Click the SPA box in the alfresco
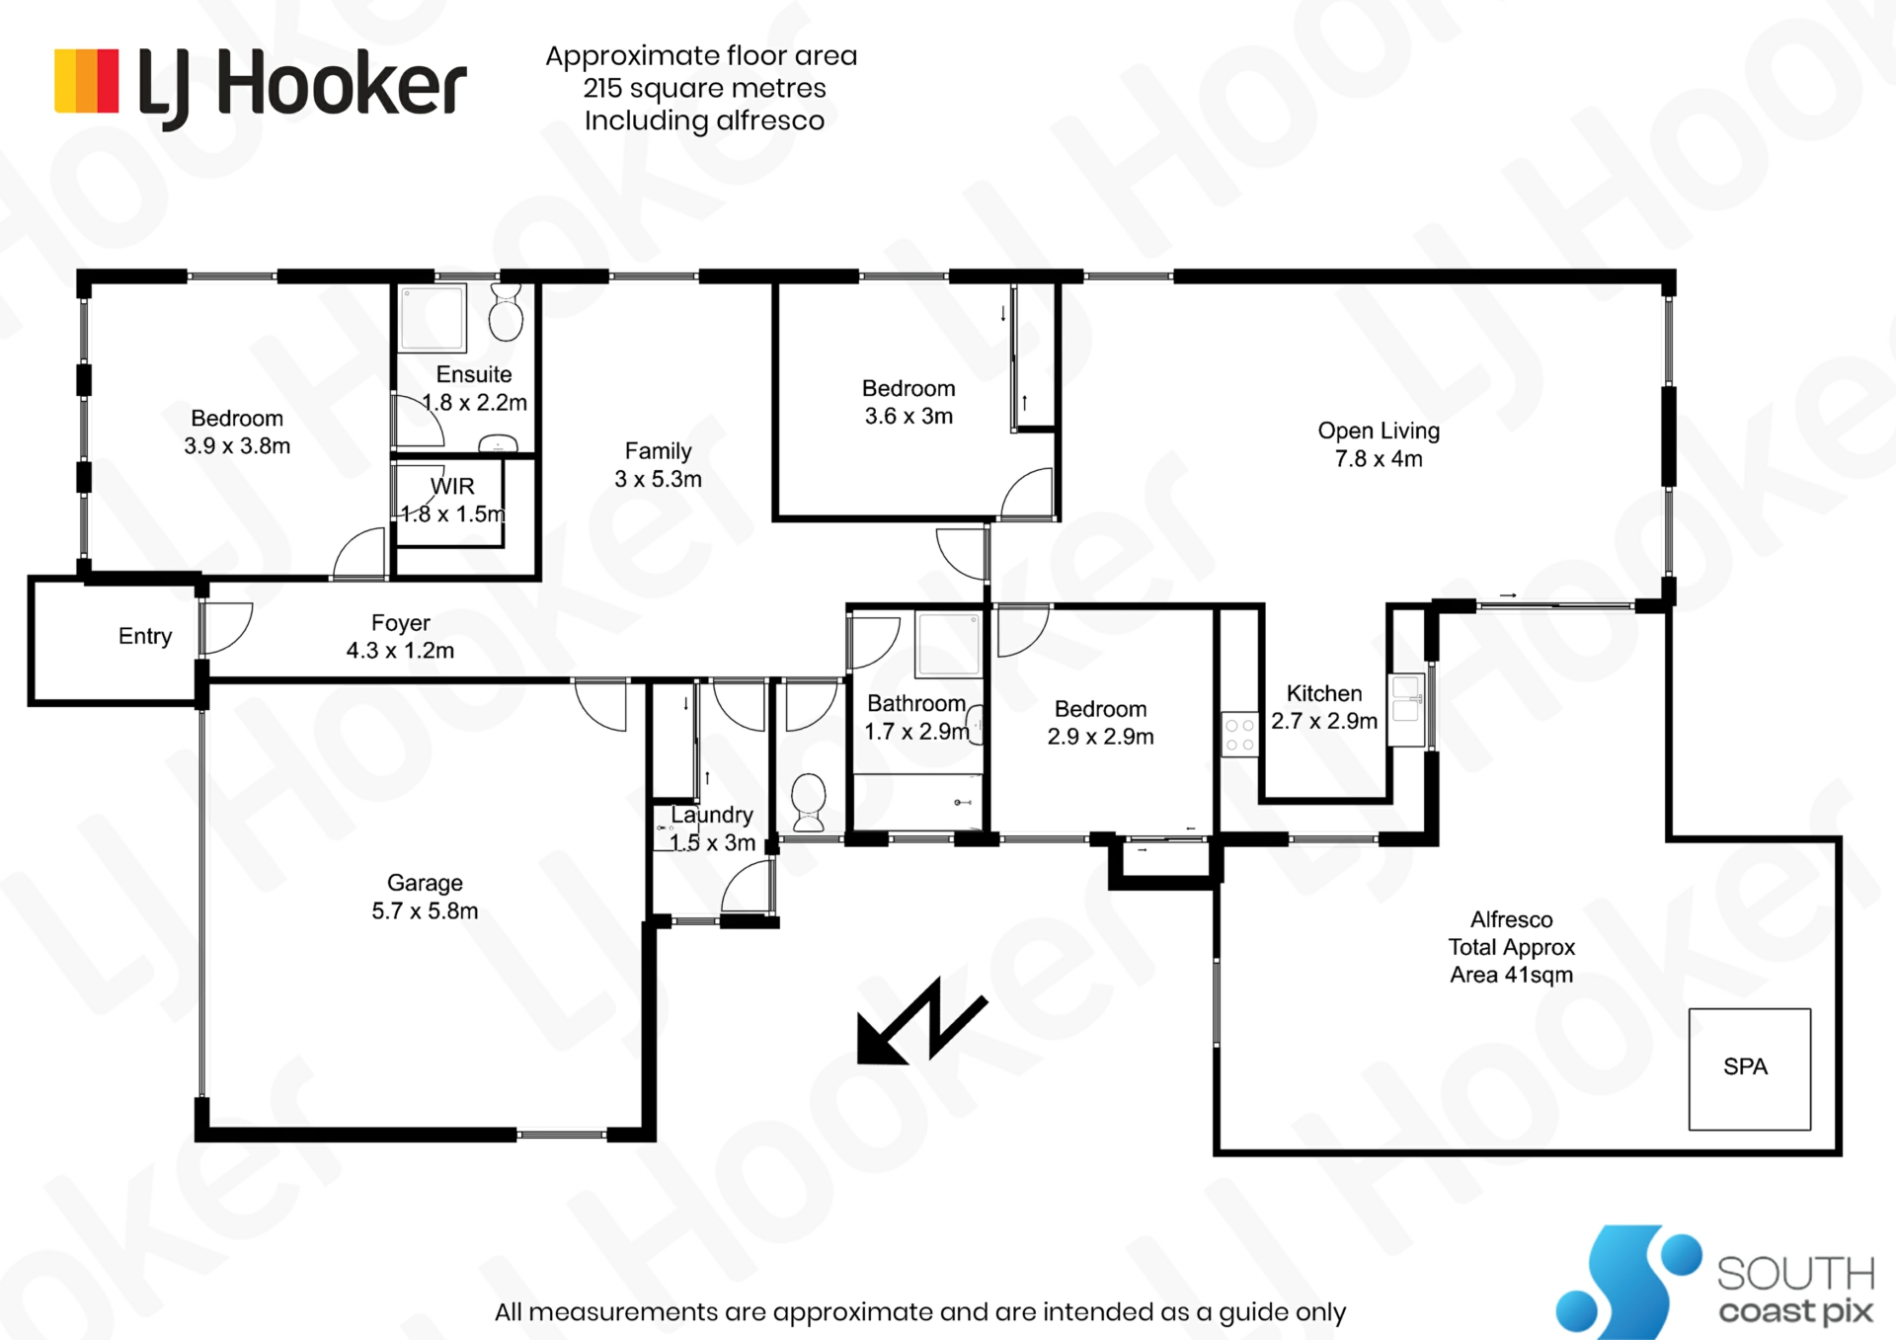click(x=1749, y=1068)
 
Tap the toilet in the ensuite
click(x=507, y=312)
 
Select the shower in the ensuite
click(x=433, y=317)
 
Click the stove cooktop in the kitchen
click(x=1239, y=735)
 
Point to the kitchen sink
click(x=1406, y=710)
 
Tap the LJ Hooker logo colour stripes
click(x=87, y=81)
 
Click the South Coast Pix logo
click(x=1715, y=1282)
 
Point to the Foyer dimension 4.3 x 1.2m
click(x=400, y=651)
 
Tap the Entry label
click(x=145, y=637)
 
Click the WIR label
click(x=452, y=486)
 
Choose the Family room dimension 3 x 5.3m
click(x=658, y=479)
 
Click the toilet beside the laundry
click(x=809, y=802)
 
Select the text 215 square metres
click(x=704, y=88)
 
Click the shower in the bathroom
click(x=948, y=644)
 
